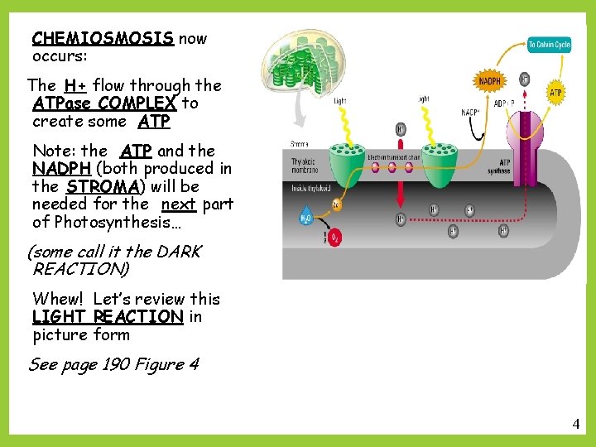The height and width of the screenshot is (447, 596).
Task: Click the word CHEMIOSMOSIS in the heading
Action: point(103,39)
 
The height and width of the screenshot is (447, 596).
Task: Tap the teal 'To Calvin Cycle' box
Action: point(550,44)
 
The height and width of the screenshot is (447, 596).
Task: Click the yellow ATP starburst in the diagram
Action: point(555,93)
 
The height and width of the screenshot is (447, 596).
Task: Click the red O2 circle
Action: point(335,240)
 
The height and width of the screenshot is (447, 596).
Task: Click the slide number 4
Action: point(576,425)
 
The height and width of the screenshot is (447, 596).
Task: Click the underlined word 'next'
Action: point(178,204)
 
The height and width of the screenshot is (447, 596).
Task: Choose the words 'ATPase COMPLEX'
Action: point(104,103)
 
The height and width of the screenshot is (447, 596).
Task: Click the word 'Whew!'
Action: point(60,299)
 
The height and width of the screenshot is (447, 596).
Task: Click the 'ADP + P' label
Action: point(505,103)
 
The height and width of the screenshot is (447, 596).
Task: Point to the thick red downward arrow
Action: point(401,186)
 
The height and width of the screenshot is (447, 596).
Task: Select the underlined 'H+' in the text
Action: point(76,85)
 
